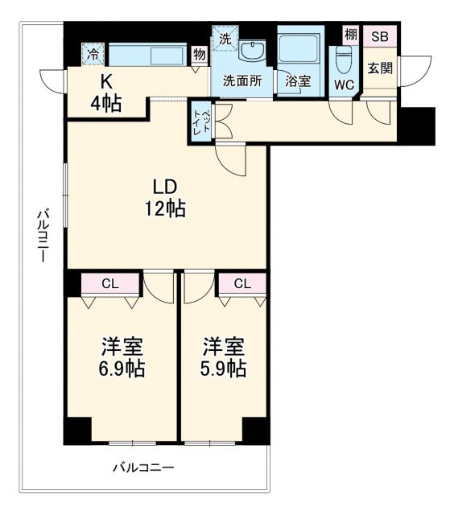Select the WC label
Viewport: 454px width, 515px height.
[x=344, y=83]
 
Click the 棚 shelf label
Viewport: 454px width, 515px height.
[x=350, y=35]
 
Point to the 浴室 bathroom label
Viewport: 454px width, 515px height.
[x=298, y=81]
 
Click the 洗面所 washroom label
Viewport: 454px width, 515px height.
[x=241, y=80]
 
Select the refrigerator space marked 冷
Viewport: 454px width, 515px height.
[x=93, y=56]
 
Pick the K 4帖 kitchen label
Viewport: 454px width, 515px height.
[x=105, y=93]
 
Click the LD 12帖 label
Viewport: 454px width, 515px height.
[x=165, y=198]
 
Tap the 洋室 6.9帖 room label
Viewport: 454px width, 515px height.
[x=122, y=359]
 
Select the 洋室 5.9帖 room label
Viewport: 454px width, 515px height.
[x=224, y=359]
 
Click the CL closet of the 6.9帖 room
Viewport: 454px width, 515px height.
[x=109, y=282]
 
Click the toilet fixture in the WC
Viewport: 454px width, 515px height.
[x=344, y=58]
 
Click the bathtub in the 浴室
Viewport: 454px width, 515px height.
[x=299, y=51]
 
